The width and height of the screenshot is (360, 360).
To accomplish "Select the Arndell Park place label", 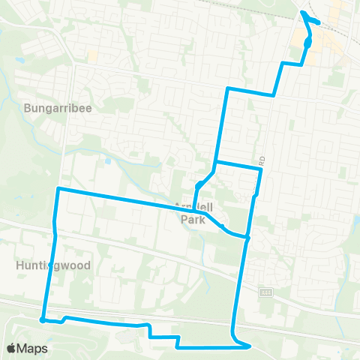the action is (194, 214).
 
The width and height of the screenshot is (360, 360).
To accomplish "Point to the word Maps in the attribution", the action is (33, 349).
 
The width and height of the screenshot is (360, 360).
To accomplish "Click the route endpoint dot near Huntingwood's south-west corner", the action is (43, 320).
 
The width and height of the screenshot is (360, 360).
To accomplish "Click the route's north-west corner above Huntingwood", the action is (58, 189).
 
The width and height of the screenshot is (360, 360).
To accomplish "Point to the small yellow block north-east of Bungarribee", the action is (92, 56).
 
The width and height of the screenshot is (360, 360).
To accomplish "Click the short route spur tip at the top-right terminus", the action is (319, 22).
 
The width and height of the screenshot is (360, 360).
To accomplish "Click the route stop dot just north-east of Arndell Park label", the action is (199, 185).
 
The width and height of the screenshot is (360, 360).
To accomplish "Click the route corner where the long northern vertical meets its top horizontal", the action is (226, 88).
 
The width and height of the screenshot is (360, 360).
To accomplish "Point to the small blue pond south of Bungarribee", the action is (109, 160).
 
